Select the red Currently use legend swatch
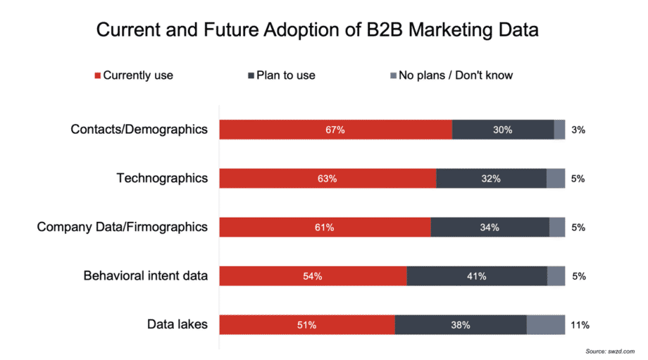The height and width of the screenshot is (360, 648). pyautogui.click(x=98, y=75)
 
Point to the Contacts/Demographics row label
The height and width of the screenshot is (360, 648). pyautogui.click(x=139, y=130)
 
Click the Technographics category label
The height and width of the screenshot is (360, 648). pyautogui.click(x=162, y=178)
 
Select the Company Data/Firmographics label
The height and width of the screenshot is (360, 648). pyautogui.click(x=123, y=227)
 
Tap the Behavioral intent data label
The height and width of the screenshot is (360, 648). pyautogui.click(x=146, y=275)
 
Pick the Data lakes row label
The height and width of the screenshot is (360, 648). pyautogui.click(x=177, y=324)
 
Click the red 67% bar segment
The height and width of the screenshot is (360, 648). pyautogui.click(x=335, y=130)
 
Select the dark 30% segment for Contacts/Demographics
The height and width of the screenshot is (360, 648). pyautogui.click(x=503, y=130)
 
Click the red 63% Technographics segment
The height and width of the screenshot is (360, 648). pyautogui.click(x=328, y=178)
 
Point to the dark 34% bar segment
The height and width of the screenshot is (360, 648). pyautogui.click(x=490, y=227)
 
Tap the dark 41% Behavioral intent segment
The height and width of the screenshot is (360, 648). pyautogui.click(x=477, y=275)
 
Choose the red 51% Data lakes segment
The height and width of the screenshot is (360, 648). pyautogui.click(x=307, y=324)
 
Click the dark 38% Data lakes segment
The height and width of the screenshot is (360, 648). pyautogui.click(x=461, y=324)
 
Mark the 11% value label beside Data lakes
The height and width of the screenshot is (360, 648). pyautogui.click(x=580, y=325)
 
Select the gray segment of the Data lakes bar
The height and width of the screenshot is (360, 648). pyautogui.click(x=545, y=324)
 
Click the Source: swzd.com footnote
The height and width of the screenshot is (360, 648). pyautogui.click(x=610, y=350)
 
